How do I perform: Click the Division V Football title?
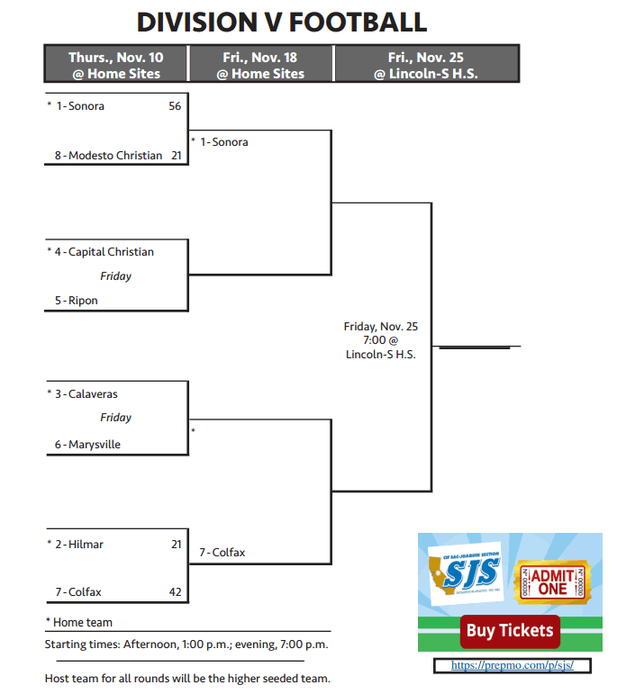281,22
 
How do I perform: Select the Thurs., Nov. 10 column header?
116,65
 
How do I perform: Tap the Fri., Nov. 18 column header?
260,65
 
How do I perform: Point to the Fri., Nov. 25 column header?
426,65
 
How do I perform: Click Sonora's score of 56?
175,106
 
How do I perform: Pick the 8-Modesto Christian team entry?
108,156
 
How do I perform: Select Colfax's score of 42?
175,592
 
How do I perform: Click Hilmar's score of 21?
175,545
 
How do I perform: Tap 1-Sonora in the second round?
223,142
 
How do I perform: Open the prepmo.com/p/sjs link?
511,666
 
